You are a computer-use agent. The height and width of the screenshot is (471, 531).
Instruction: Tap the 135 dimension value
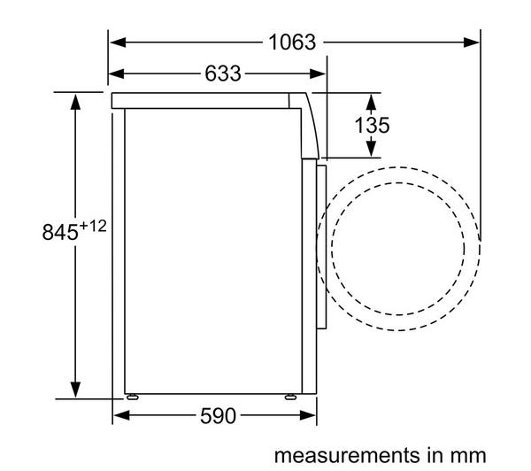pos(372,125)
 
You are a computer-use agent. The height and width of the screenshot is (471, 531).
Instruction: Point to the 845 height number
pos(59,233)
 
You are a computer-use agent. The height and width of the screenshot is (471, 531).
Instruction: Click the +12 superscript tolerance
pos(92,227)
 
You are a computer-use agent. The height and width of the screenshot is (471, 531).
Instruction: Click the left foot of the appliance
pos(131,398)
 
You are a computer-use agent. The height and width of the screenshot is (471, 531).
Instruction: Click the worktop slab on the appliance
pos(204,100)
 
